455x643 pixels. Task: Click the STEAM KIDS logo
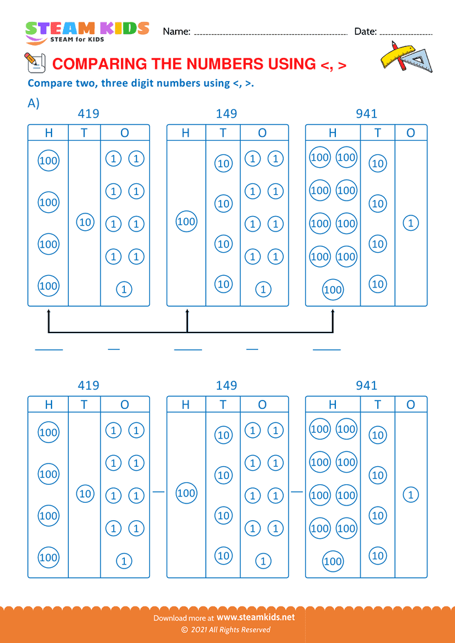pyautogui.click(x=86, y=31)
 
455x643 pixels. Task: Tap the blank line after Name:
pyautogui.click(x=270, y=33)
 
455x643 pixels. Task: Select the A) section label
pyautogui.click(x=33, y=103)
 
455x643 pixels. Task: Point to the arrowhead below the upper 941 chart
pyautogui.click(x=333, y=312)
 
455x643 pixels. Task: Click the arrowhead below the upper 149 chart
pyautogui.click(x=187, y=312)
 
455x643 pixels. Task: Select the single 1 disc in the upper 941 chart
pyautogui.click(x=411, y=223)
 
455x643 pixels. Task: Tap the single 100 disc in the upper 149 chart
pyautogui.click(x=186, y=222)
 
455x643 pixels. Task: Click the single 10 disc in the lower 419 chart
pyautogui.click(x=85, y=494)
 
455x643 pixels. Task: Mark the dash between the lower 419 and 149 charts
pyautogui.click(x=158, y=492)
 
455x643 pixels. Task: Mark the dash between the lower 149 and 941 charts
pyautogui.click(x=297, y=492)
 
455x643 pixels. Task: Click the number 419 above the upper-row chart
pyautogui.click(x=88, y=114)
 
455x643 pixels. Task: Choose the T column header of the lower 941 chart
pyautogui.click(x=378, y=404)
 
